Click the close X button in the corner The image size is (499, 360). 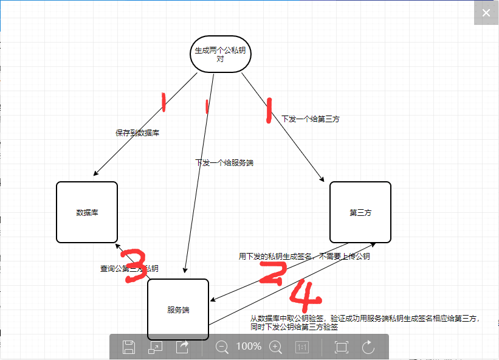(486, 13)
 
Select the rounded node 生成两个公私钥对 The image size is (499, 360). (220, 55)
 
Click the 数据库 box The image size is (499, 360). (87, 212)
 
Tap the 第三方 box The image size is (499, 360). (360, 212)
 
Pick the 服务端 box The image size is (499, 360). (178, 310)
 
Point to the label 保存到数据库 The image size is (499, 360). (138, 133)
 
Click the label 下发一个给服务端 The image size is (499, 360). (224, 163)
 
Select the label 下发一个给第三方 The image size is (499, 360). (311, 119)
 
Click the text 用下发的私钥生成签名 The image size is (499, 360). (276, 257)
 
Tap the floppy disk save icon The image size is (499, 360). (129, 347)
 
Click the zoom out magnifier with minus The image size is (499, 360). (222, 347)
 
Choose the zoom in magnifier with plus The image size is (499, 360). (276, 347)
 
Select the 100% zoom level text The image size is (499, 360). (249, 347)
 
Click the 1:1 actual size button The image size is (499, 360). (302, 347)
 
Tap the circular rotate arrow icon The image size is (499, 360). (368, 347)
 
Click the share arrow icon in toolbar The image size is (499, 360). (182, 347)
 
